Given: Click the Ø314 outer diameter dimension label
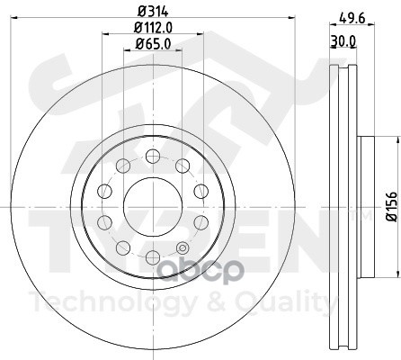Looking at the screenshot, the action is [153, 12].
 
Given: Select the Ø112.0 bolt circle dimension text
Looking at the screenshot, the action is [153, 28].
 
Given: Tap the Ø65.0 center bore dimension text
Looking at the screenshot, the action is [153, 44].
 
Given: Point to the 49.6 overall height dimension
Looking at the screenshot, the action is [352, 19].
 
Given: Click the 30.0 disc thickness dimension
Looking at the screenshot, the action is [343, 41].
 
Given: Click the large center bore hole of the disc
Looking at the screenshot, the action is [153, 207].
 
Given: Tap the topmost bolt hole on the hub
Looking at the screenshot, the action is [153, 157].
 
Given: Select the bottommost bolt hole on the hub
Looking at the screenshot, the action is [153, 257].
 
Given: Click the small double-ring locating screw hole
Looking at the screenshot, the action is [182, 248].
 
